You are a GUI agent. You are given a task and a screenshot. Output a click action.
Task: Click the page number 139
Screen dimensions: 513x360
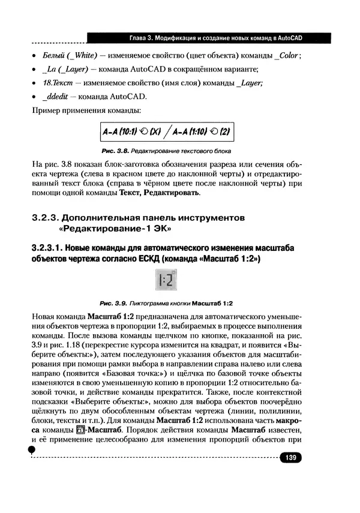pyautogui.click(x=291, y=458)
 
